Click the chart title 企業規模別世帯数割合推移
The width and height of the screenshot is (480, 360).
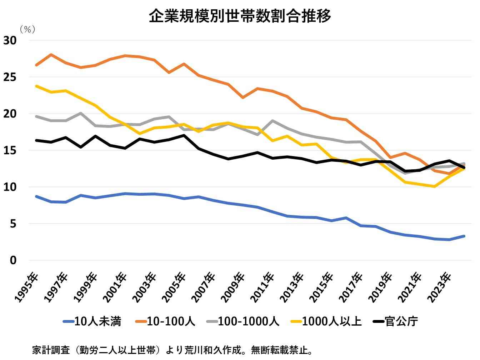pyautogui.click(x=240, y=16)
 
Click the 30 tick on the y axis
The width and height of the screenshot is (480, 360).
pyautogui.click(x=10, y=40)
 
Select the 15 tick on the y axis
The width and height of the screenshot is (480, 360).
pyautogui.click(x=10, y=150)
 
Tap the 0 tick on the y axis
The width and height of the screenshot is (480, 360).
pyautogui.click(x=13, y=260)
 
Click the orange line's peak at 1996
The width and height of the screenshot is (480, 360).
pyautogui.click(x=51, y=55)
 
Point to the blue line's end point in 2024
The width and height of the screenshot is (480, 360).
pyautogui.click(x=464, y=236)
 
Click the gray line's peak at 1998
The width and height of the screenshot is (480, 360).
pyautogui.click(x=81, y=113)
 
